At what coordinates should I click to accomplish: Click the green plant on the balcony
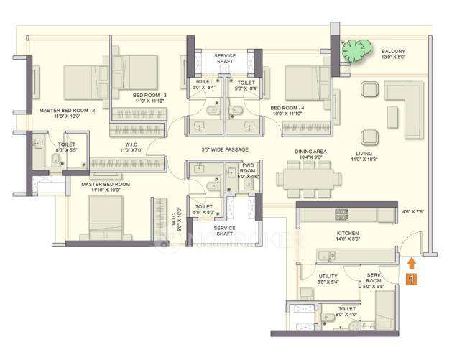354,50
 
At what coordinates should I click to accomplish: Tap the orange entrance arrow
411,263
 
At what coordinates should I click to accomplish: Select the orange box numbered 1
410,279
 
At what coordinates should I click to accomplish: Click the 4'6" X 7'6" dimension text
414,211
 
